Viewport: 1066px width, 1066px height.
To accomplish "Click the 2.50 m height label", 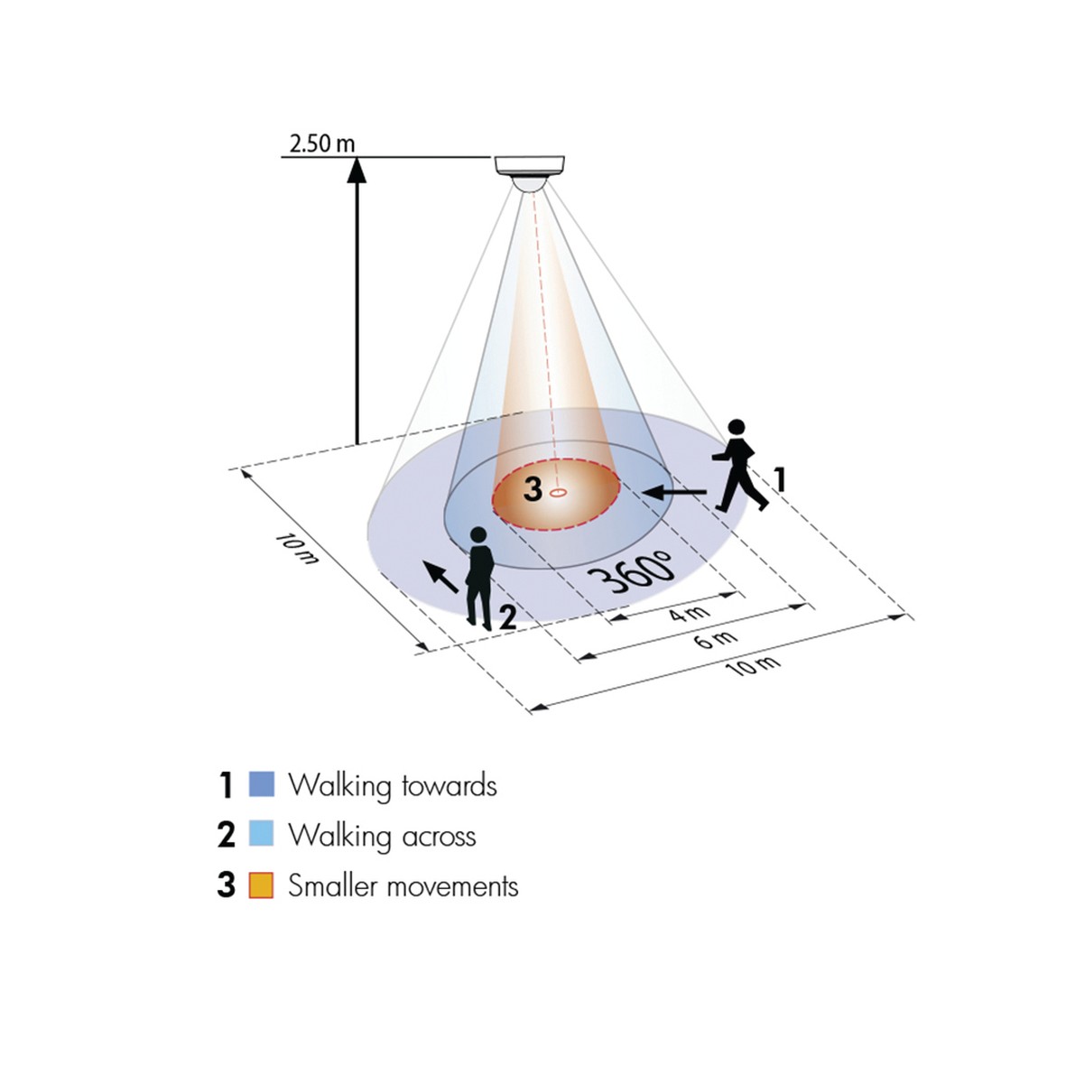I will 322,143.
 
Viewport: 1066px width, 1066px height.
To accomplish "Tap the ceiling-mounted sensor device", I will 531,170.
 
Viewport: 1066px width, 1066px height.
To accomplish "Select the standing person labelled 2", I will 479,578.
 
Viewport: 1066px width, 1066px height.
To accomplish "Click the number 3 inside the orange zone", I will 533,489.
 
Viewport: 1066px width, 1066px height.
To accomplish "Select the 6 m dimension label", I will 717,640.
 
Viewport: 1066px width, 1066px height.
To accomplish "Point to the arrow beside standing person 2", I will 440,575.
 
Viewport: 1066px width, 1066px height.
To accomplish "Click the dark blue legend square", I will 261,784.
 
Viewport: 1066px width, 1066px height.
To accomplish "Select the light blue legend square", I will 261,834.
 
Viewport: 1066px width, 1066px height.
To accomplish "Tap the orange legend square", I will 261,885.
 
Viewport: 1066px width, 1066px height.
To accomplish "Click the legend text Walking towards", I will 392,785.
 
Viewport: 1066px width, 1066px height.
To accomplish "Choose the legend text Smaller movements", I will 403,885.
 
